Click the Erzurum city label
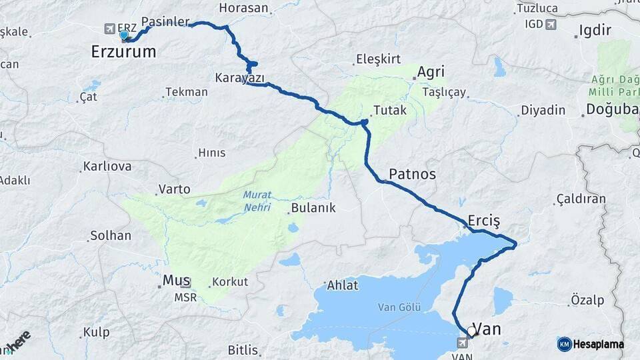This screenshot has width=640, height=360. click(x=123, y=51)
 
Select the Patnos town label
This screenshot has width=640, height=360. click(x=412, y=174)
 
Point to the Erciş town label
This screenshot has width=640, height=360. click(x=483, y=221)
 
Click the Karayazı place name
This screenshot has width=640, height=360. click(x=239, y=78)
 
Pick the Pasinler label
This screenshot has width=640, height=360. click(x=165, y=21)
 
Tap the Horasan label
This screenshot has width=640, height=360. click(x=243, y=9)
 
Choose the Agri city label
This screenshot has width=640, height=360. click(x=431, y=72)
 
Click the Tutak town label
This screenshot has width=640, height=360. click(x=390, y=110)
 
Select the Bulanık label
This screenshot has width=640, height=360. click(x=313, y=208)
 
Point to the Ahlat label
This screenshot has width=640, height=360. click(x=343, y=285)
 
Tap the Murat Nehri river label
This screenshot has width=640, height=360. click(x=257, y=201)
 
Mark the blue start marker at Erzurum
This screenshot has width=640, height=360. click(x=123, y=35)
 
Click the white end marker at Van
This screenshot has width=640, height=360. click(x=472, y=331)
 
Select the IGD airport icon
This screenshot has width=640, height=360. click(x=550, y=25)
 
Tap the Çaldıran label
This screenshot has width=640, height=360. click(x=581, y=199)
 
